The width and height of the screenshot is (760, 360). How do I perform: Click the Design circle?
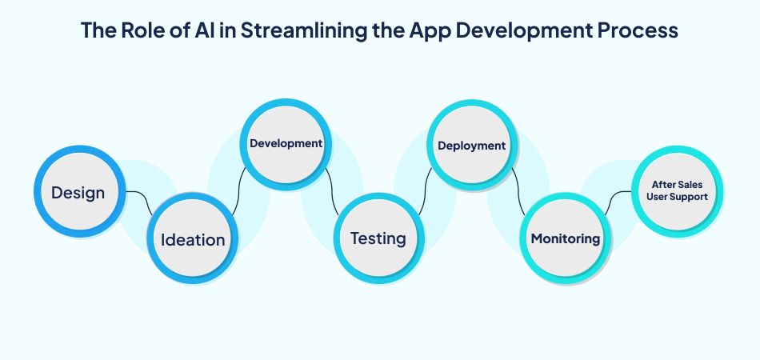click(78, 193)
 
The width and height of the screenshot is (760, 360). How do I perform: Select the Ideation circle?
click(193, 239)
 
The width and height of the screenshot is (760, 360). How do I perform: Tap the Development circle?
click(286, 145)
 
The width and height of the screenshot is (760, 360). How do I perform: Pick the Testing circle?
click(378, 238)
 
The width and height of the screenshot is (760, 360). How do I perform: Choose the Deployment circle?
click(471, 146)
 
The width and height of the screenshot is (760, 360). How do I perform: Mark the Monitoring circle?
click(566, 238)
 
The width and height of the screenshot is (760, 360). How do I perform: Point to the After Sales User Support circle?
click(676, 191)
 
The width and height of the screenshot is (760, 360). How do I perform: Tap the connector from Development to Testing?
click(331, 192)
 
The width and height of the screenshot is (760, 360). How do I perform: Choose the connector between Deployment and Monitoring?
click(518, 192)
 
